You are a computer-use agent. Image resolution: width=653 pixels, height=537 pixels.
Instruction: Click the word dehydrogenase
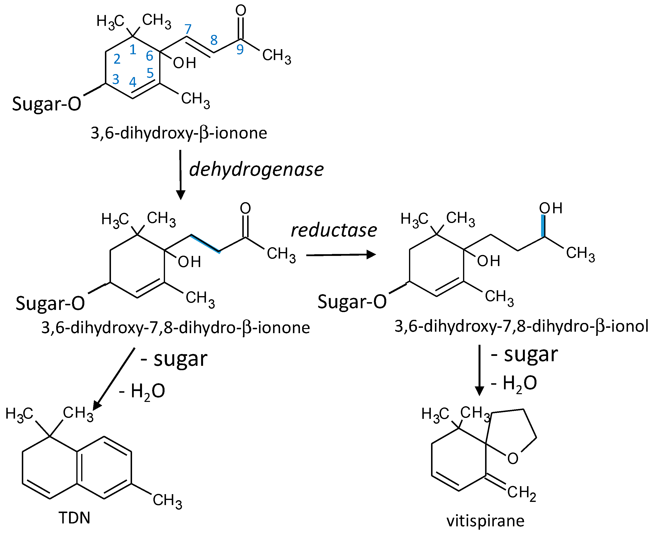tap(256, 169)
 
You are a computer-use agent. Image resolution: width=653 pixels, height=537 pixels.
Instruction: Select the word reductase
tap(334, 230)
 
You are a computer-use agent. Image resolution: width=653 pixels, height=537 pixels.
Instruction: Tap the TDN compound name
tap(74, 518)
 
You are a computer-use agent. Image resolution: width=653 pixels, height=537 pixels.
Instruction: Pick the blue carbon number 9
tap(240, 49)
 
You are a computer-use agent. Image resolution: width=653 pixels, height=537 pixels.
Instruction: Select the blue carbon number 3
tap(116, 79)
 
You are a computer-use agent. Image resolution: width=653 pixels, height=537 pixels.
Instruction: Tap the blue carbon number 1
tap(133, 49)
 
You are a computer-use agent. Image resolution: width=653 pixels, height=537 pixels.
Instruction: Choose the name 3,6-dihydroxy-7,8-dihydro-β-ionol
tap(521, 327)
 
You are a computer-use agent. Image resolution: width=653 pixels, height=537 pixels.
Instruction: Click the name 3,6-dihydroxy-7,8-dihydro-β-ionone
tap(176, 328)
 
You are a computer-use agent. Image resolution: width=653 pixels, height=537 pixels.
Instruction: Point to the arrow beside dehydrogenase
tap(181, 175)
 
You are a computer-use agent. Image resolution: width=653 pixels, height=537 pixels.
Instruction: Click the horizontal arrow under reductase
tap(341, 255)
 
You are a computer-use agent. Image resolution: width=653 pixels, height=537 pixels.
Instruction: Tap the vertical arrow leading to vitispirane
tap(479, 370)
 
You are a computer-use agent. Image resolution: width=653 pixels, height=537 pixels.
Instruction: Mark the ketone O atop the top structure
tap(241, 10)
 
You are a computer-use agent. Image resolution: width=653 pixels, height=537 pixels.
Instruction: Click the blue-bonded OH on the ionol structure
tap(551, 208)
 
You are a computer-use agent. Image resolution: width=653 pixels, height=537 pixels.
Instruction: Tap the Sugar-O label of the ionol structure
tap(352, 302)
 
